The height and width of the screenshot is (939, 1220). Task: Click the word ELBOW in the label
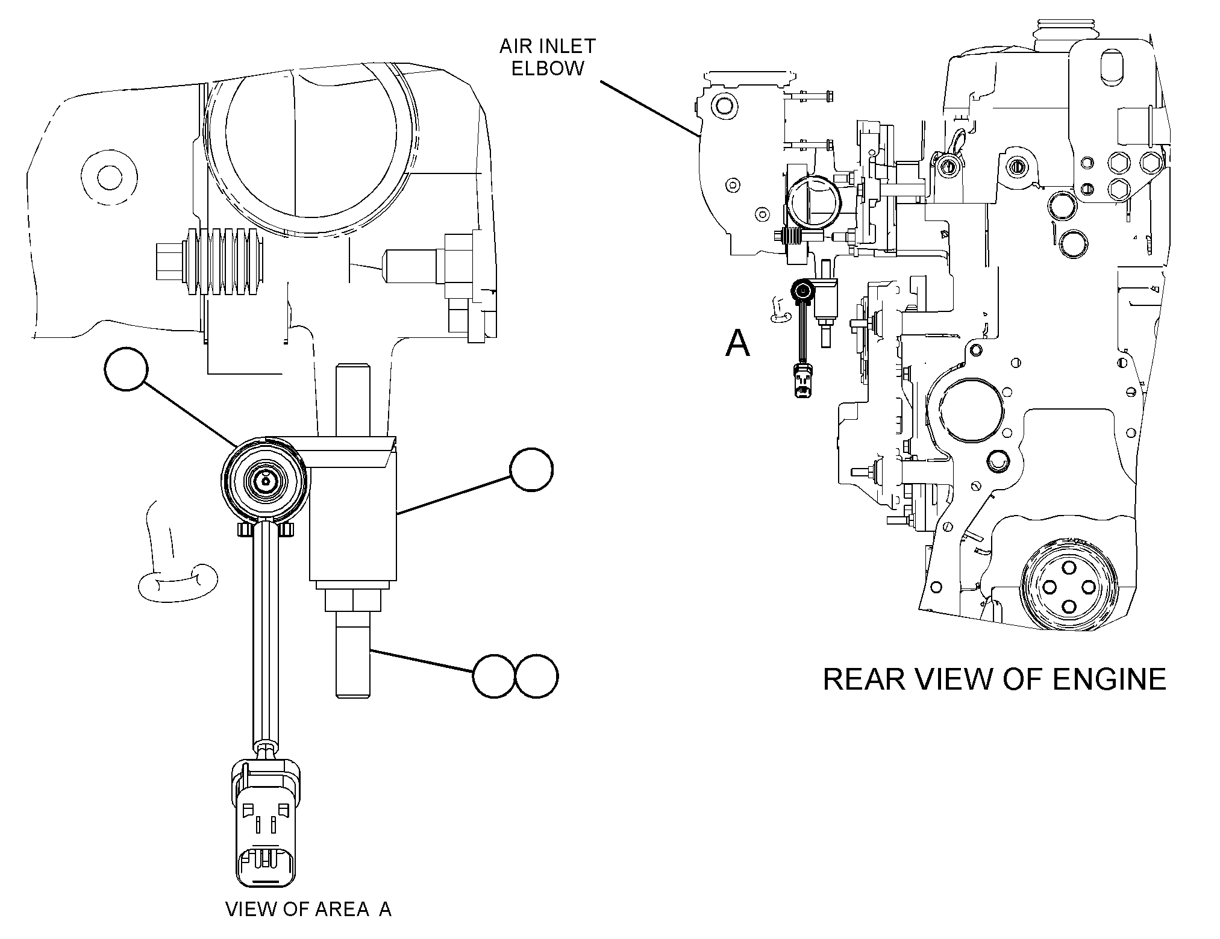pyautogui.click(x=547, y=68)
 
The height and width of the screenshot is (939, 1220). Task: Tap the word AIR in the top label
pyautogui.click(x=516, y=46)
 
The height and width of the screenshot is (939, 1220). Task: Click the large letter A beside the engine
pyautogui.click(x=737, y=343)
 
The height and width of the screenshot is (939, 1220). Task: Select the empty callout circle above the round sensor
pyautogui.click(x=126, y=369)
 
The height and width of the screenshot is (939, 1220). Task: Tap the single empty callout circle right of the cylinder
pyautogui.click(x=531, y=470)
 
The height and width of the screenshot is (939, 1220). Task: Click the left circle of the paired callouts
pyautogui.click(x=494, y=676)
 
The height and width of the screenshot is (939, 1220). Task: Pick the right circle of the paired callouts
pyautogui.click(x=536, y=676)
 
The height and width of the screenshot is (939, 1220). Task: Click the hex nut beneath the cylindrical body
pyautogui.click(x=353, y=600)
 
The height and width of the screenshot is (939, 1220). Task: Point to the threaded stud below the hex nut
pyautogui.click(x=353, y=654)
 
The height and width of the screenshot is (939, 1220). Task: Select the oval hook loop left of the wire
pyautogui.click(x=178, y=582)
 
